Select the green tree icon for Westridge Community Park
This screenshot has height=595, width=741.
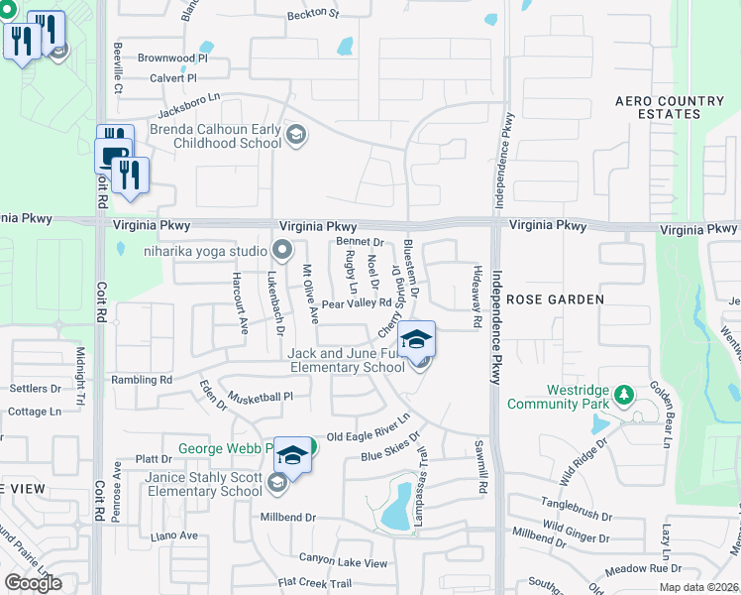[x=623, y=397]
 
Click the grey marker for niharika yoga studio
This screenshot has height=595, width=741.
[x=282, y=250]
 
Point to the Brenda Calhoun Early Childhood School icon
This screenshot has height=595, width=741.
[x=294, y=135]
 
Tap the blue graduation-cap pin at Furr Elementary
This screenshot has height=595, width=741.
[x=417, y=340]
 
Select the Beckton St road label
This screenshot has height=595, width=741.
[x=312, y=15]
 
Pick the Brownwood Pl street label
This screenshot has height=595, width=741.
[x=172, y=59]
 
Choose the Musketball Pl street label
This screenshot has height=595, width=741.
[x=262, y=397]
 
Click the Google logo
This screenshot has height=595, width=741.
[x=34, y=583]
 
